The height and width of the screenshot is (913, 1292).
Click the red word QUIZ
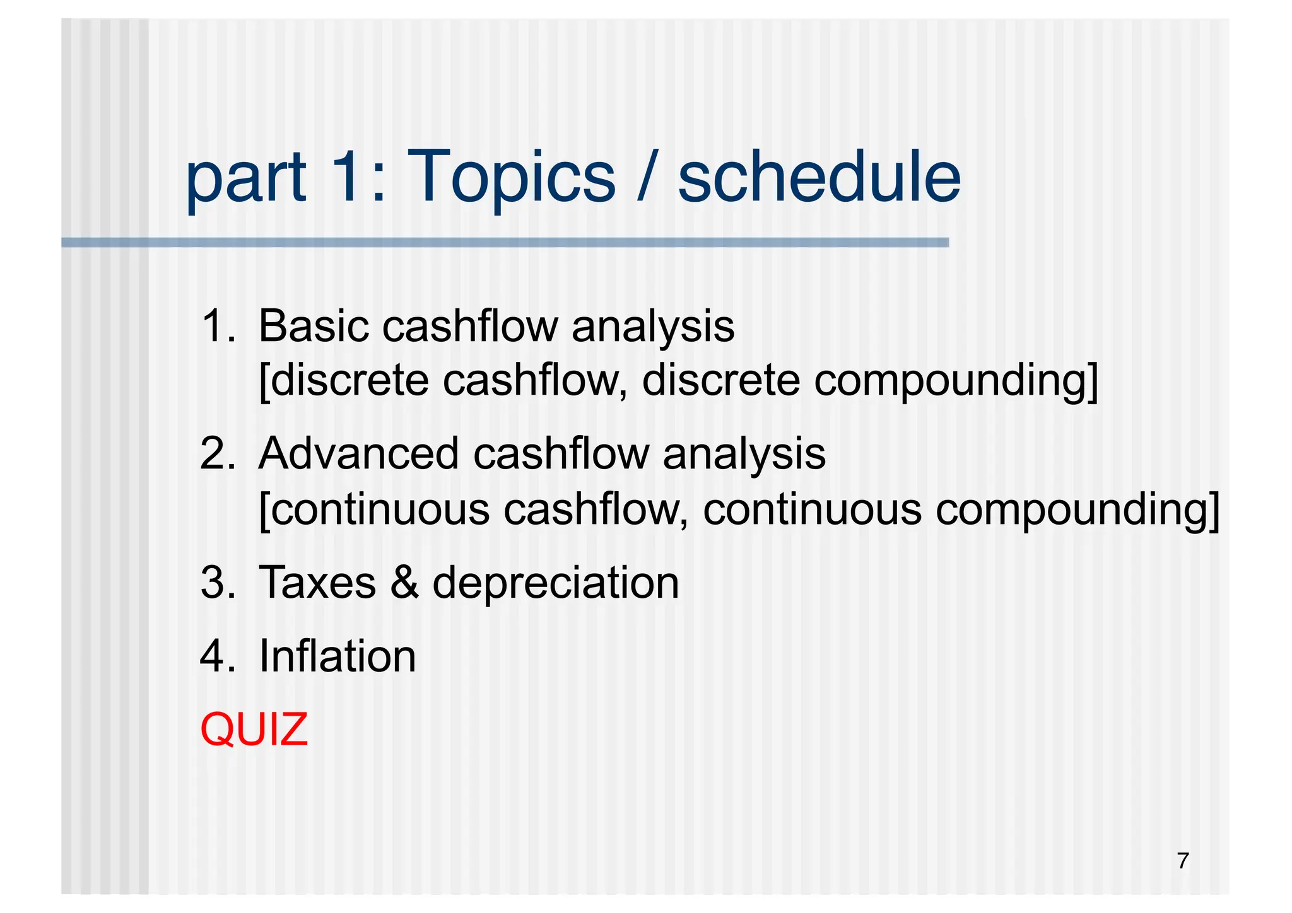coord(254,730)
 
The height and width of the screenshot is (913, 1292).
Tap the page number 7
coord(1183,861)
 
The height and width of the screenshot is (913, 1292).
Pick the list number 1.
coord(216,327)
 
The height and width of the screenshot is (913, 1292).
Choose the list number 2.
coord(216,454)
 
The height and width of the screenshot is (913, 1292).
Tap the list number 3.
coord(216,582)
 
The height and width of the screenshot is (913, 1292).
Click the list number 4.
coord(216,656)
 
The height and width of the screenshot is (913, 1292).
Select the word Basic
coord(313,327)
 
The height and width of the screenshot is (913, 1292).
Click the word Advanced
coord(358,454)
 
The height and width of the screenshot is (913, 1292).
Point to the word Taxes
coord(317,582)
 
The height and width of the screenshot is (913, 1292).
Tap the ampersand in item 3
coord(404,582)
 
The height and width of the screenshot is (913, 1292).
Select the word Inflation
coord(338,656)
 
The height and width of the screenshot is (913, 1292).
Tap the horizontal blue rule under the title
coord(505,243)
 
